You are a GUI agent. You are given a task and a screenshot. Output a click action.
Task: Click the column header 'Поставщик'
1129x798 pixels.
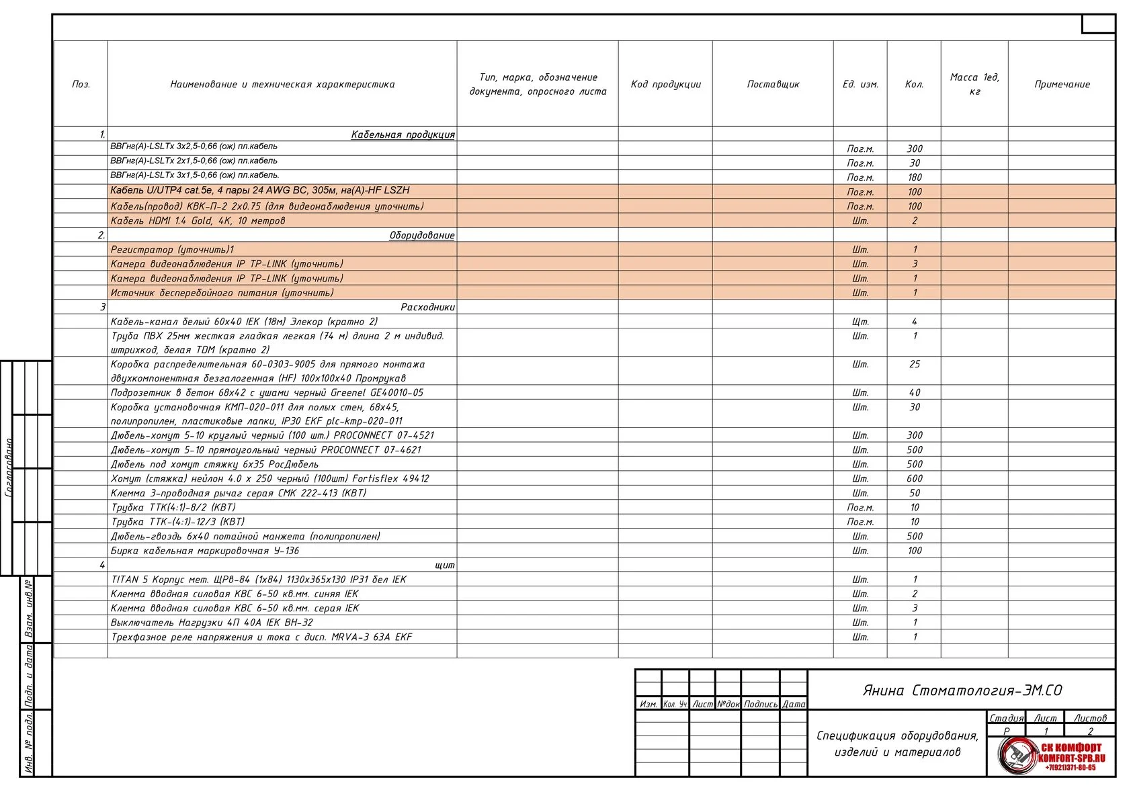tap(773, 84)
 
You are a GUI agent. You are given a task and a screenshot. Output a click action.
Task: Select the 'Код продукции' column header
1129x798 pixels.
tap(665, 84)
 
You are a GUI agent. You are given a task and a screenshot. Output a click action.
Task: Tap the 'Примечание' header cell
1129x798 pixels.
tap(1062, 84)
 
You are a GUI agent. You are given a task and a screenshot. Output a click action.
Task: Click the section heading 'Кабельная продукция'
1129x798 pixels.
tap(403, 134)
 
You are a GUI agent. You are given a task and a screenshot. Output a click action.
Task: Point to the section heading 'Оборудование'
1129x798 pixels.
tap(421, 235)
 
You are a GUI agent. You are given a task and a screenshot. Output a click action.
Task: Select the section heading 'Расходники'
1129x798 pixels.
tap(427, 307)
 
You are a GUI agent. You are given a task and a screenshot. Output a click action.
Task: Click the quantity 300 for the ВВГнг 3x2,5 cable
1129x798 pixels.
tap(914, 148)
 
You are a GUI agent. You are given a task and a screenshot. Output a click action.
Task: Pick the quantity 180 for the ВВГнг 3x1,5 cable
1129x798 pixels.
tap(914, 177)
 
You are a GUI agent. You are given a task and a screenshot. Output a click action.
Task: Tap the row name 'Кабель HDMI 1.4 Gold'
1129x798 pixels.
tap(198, 220)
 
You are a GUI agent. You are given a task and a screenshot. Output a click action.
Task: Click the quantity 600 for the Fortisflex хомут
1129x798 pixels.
tap(914, 478)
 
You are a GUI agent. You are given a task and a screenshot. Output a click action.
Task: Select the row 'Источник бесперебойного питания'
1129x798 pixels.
tap(222, 293)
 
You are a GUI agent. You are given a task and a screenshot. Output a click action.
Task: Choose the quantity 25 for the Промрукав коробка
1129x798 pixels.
tap(914, 364)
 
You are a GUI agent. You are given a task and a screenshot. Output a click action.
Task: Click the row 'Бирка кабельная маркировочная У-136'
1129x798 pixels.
tap(205, 551)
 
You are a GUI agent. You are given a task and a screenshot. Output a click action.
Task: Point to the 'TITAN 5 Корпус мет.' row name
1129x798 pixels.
tap(259, 579)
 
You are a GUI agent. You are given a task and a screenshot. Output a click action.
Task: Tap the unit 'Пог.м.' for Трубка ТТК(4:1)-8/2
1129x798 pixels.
tap(860, 507)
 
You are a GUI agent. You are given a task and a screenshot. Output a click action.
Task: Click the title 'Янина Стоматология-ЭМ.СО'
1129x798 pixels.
tap(962, 691)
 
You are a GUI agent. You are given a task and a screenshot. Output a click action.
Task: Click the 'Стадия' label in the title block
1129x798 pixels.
tap(1006, 718)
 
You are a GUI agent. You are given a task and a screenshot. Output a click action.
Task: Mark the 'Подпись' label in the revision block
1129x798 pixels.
tap(761, 704)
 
